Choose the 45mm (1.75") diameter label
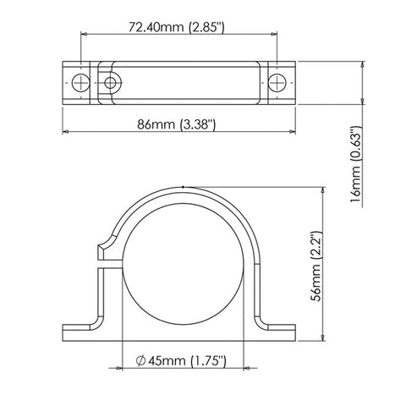(181, 361)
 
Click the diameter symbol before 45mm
(140, 361)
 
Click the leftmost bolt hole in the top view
(80, 82)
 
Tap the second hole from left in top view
(109, 82)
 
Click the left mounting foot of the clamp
(82, 332)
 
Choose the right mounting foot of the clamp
(279, 332)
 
